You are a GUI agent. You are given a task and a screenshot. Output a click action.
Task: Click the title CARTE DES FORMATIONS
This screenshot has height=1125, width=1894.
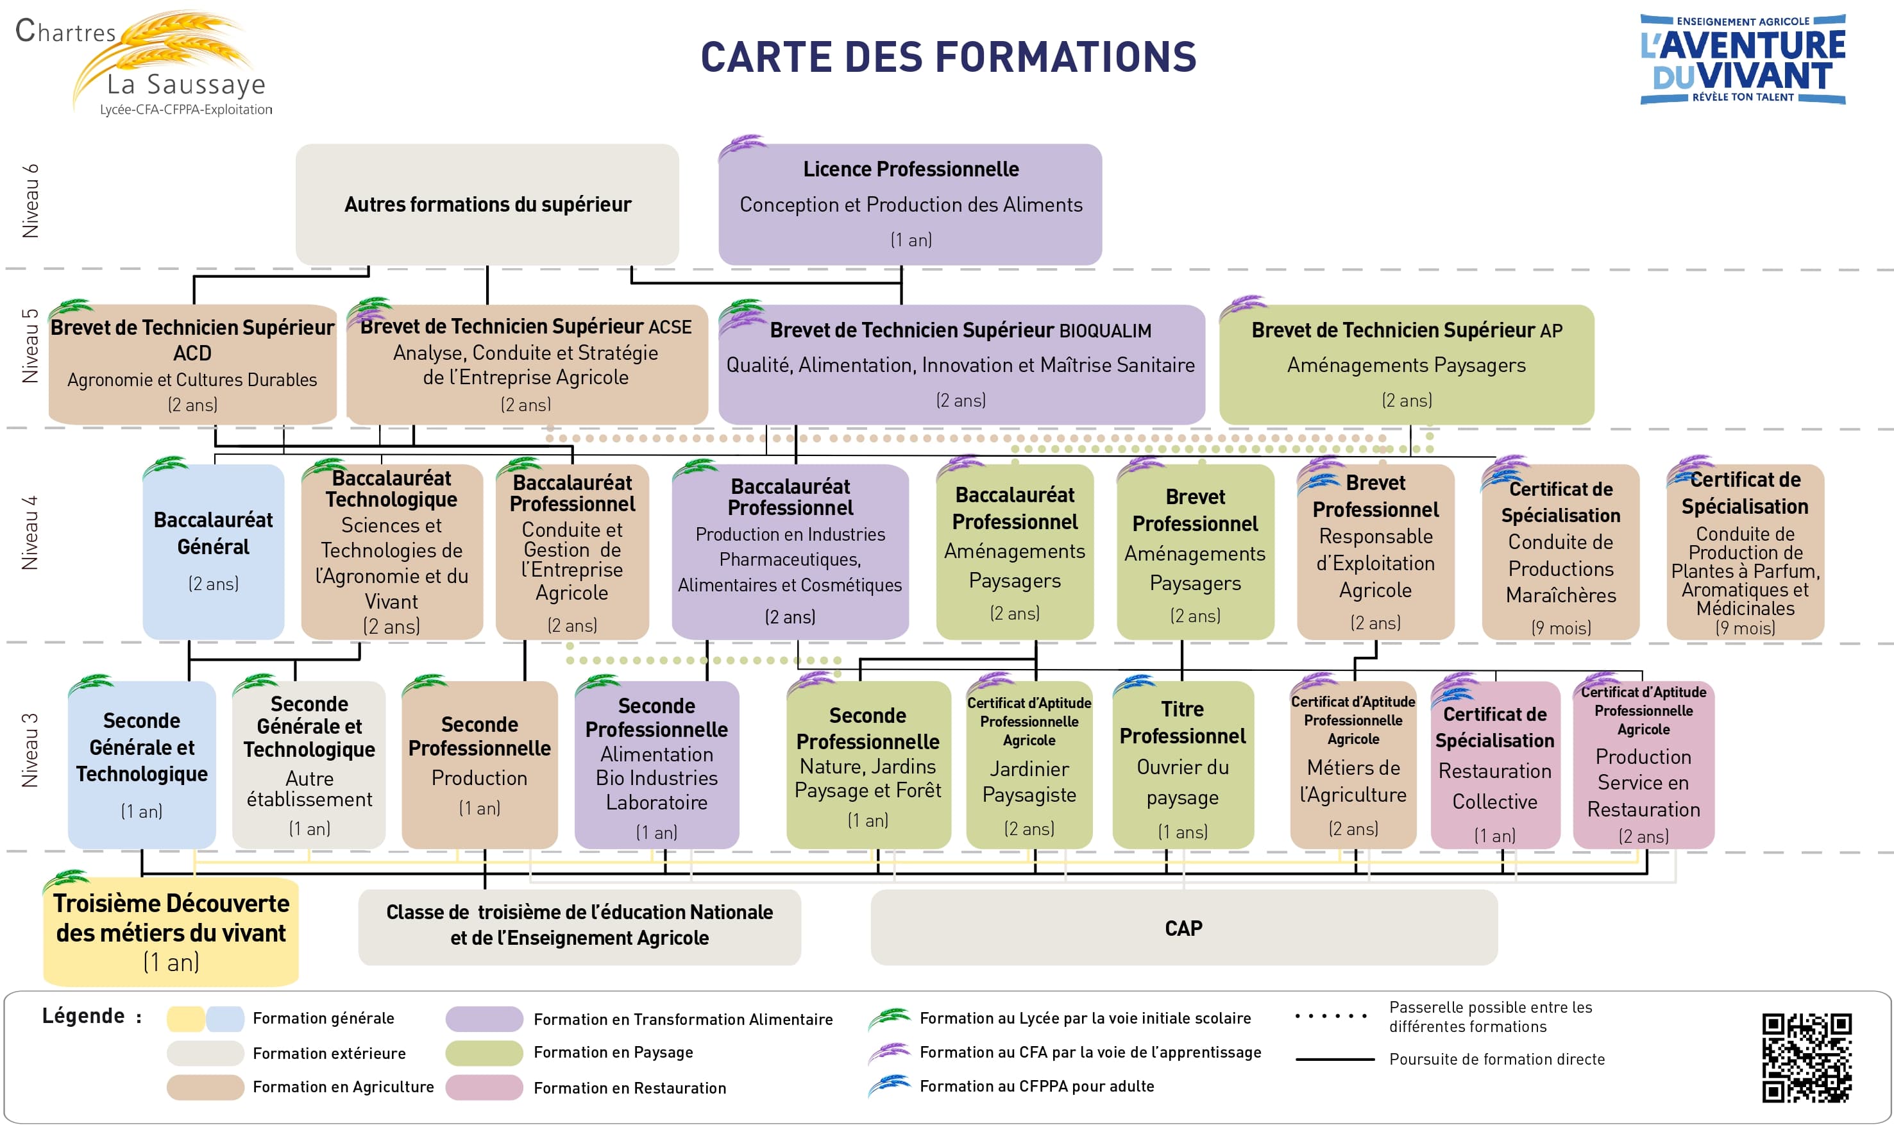pyautogui.click(x=948, y=57)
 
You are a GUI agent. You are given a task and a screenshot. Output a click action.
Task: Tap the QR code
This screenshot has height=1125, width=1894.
pyautogui.click(x=1806, y=1058)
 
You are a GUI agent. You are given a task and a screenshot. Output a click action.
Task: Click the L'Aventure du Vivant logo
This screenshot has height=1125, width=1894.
pyautogui.click(x=1743, y=59)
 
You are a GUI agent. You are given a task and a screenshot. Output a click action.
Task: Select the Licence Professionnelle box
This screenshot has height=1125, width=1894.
pyautogui.click(x=910, y=204)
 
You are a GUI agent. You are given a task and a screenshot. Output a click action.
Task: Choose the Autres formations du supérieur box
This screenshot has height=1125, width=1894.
pyautogui.click(x=487, y=204)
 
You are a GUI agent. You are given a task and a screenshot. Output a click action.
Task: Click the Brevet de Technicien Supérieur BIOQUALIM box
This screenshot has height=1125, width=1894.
pyautogui.click(x=961, y=365)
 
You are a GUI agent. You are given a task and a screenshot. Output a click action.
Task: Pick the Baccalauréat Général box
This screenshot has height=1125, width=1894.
pyautogui.click(x=213, y=552)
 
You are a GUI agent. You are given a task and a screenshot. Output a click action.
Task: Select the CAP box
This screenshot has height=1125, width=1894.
pyautogui.click(x=1184, y=927)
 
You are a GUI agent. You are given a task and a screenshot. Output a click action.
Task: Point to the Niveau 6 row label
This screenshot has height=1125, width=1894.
pyautogui.click(x=30, y=201)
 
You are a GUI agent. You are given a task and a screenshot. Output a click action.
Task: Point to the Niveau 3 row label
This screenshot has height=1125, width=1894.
pyautogui.click(x=30, y=750)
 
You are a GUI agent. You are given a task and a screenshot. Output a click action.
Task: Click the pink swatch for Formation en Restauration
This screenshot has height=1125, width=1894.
pyautogui.click(x=484, y=1087)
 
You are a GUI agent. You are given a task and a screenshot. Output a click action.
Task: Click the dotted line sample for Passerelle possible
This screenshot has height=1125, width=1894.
pyautogui.click(x=1332, y=1016)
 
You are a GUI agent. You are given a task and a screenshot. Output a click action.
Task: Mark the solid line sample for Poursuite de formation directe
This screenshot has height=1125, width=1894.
pyautogui.click(x=1335, y=1059)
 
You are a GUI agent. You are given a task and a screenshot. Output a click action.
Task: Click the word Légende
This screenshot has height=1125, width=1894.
pyautogui.click(x=83, y=1016)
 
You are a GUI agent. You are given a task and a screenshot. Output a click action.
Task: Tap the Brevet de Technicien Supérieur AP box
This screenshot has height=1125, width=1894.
pyautogui.click(x=1407, y=365)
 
